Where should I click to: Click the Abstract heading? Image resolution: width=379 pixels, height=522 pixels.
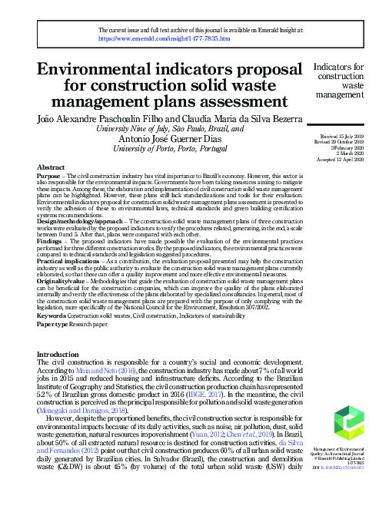tap(51, 167)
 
